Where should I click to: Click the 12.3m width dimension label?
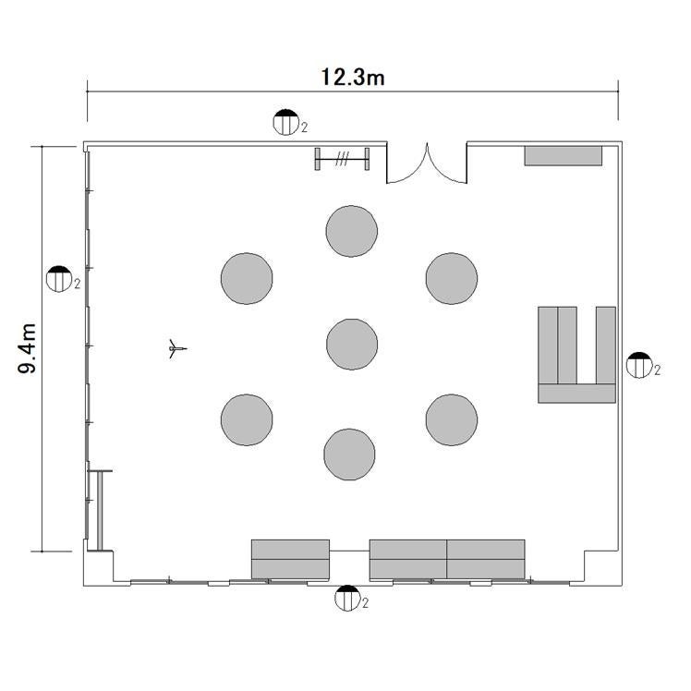coord(353,77)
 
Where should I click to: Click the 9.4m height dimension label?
coord(28,348)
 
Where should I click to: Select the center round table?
coord(352,345)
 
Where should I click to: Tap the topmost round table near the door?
coord(352,231)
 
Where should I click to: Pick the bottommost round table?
coord(349,455)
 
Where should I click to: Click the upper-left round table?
coord(247,278)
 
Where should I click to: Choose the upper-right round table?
coord(452,278)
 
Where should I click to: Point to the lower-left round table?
coord(247,420)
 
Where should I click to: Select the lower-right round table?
coord(452,420)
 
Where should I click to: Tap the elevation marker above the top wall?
coord(286,122)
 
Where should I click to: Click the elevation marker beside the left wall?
coord(59,279)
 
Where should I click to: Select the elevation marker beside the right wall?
coord(639,365)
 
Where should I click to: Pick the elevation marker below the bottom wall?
coord(347,598)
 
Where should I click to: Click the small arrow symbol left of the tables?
coord(177,349)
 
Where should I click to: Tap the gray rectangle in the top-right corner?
coord(564,156)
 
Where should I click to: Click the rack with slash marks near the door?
coord(342,159)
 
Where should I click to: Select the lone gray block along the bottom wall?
coord(290,559)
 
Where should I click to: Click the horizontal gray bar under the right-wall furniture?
coord(576,394)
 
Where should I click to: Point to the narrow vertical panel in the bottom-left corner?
coord(100,511)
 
